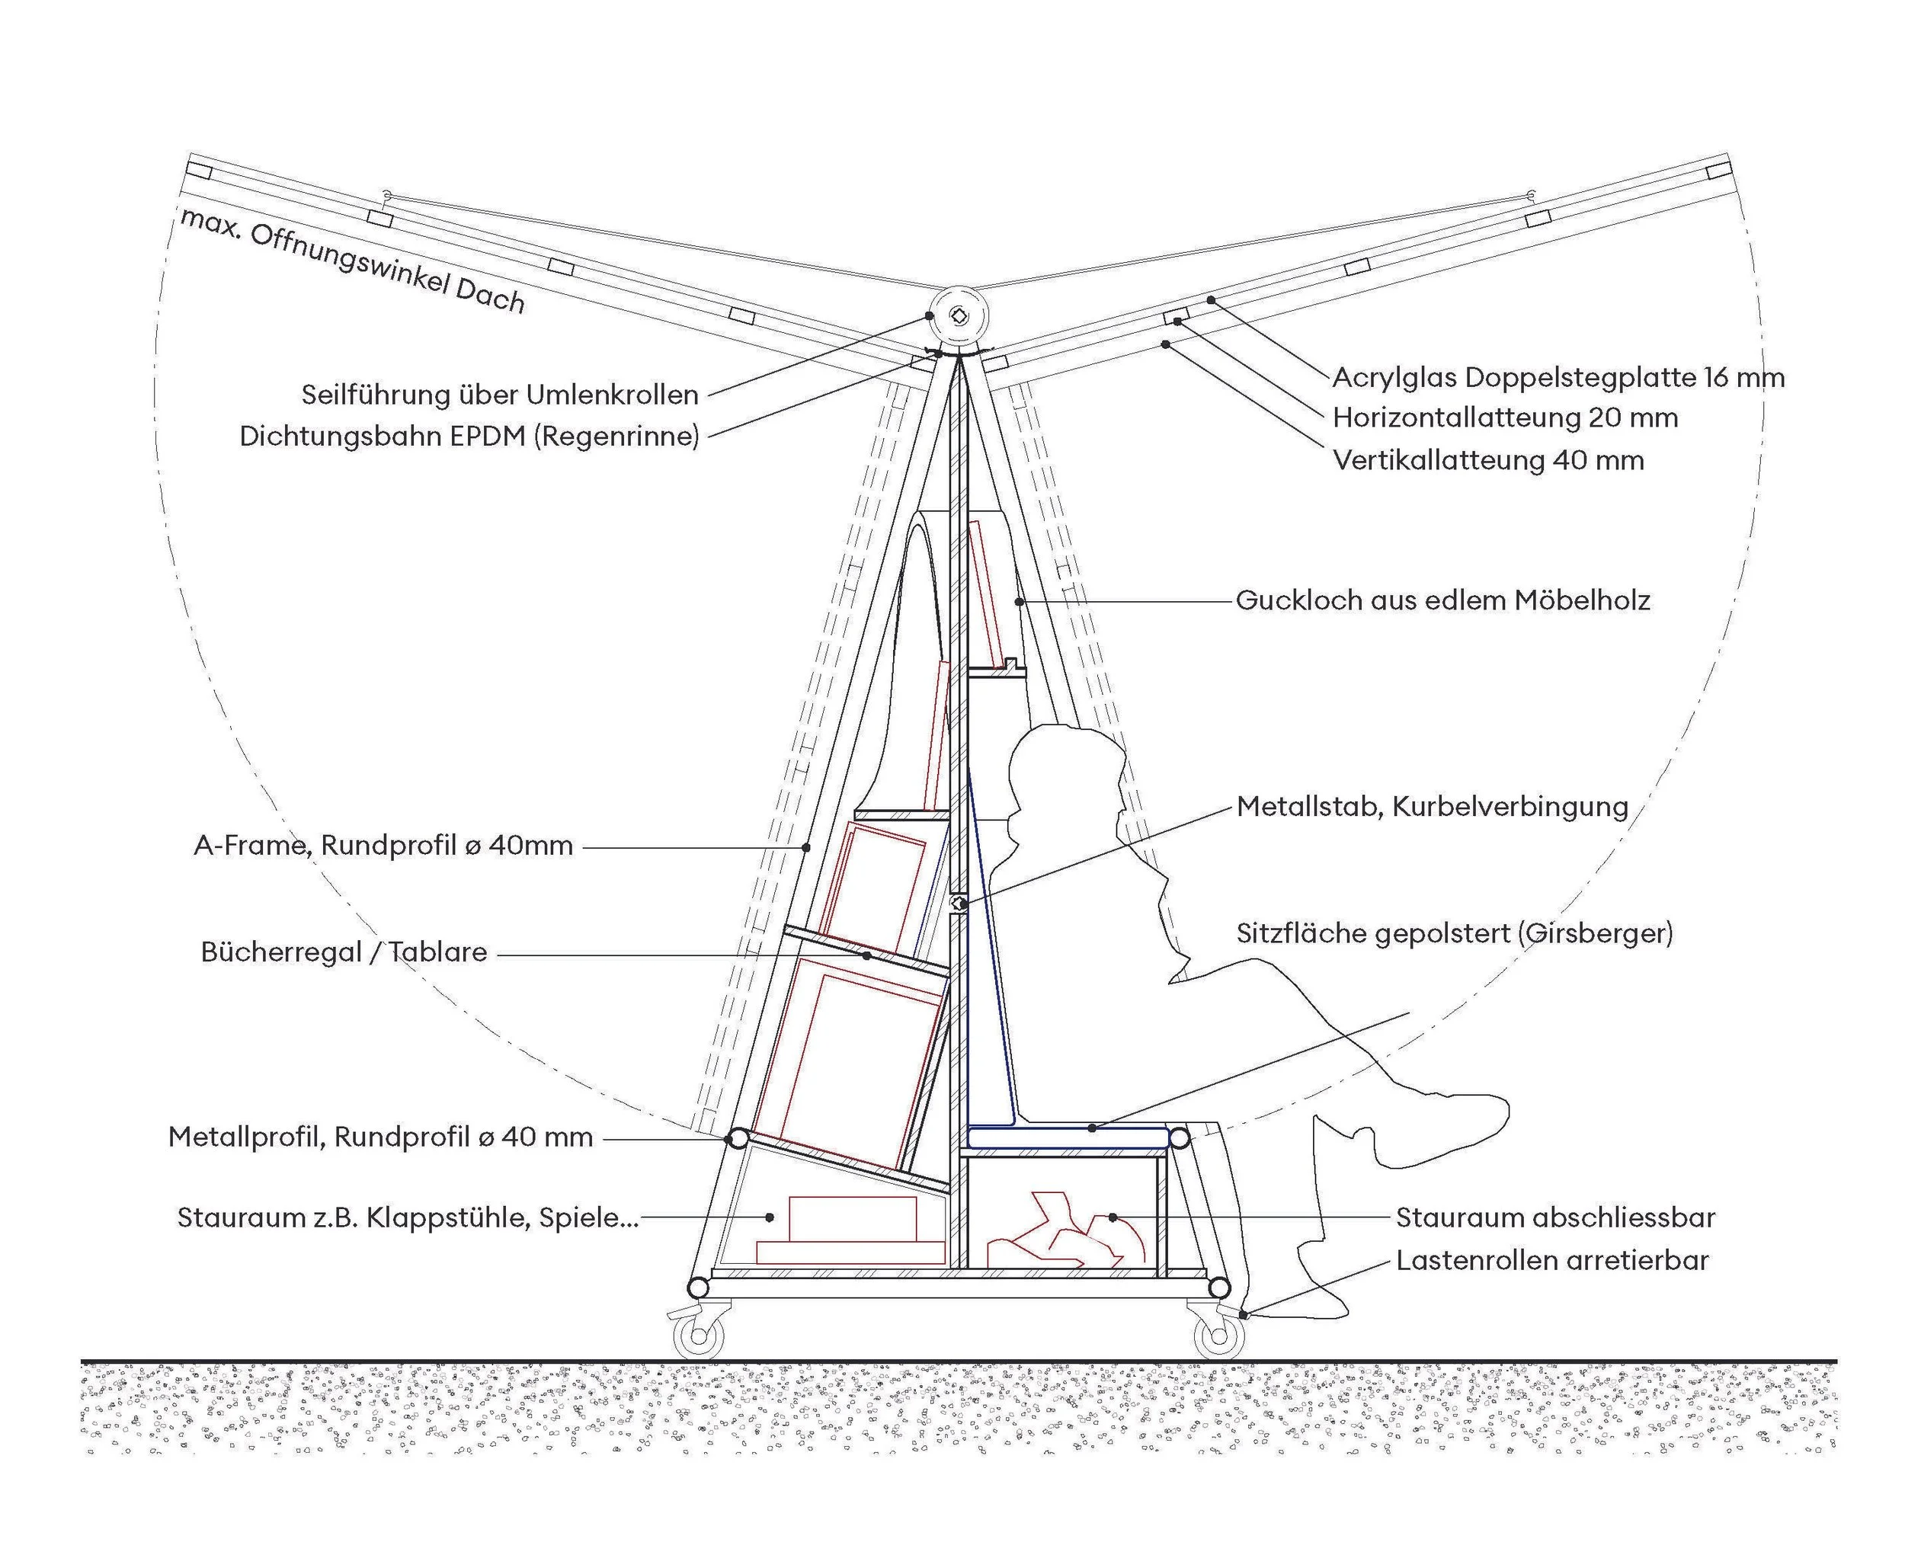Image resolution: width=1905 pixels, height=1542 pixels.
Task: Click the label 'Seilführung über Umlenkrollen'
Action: coord(499,395)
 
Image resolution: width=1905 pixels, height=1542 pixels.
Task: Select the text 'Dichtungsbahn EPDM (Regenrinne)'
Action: coord(469,436)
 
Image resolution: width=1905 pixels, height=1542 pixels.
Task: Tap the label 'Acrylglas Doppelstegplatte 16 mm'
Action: coord(1558,378)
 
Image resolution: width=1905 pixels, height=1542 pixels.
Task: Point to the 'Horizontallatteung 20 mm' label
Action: coord(1504,417)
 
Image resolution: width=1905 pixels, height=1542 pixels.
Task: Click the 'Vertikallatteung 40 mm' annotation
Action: coord(1487,460)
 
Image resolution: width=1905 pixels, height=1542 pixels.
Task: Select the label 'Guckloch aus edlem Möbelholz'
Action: coord(1442,600)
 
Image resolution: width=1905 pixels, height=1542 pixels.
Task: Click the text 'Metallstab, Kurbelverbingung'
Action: coord(1431,807)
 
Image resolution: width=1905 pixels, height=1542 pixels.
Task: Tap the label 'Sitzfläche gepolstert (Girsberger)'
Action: coord(1454,933)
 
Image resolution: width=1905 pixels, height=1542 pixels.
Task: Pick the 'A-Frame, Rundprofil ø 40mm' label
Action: coord(383,846)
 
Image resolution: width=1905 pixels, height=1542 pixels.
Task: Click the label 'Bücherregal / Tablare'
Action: coord(344,952)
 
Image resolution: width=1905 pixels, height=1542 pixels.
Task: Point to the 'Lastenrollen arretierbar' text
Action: coord(1551,1260)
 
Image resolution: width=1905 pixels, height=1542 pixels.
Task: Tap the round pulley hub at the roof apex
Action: coord(959,316)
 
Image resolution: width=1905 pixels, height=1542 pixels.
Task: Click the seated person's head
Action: coord(1066,764)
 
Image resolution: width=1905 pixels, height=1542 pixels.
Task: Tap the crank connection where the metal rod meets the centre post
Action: coord(958,904)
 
